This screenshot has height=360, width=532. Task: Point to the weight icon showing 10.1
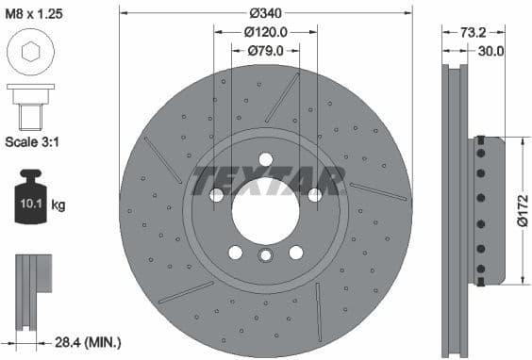(31, 201)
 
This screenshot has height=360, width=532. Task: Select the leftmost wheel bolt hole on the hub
(217, 194)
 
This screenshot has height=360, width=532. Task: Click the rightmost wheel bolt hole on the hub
(315, 194)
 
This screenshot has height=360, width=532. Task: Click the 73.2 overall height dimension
(487, 31)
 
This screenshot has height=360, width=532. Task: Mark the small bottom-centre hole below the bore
(266, 254)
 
